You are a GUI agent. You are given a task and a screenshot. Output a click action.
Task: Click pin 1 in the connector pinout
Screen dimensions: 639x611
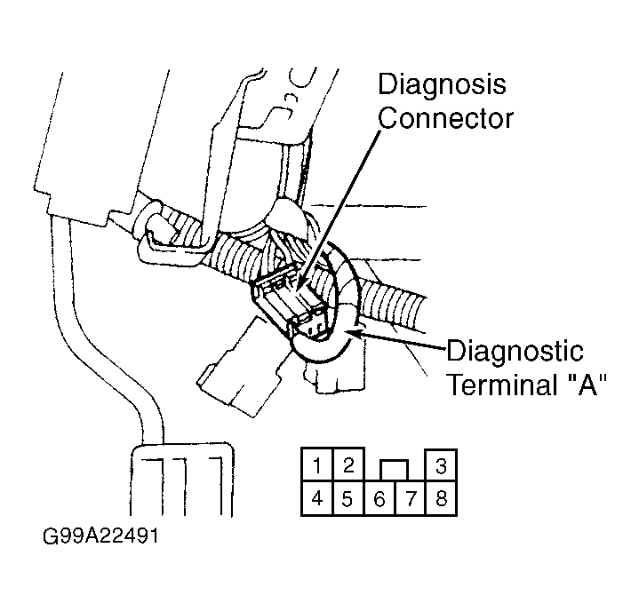click(317, 464)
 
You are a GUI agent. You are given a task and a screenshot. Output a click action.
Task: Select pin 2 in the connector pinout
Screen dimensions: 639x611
click(348, 464)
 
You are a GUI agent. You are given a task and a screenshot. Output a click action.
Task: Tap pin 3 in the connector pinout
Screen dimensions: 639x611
click(441, 464)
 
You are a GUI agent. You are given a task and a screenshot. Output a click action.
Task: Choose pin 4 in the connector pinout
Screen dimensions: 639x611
click(317, 498)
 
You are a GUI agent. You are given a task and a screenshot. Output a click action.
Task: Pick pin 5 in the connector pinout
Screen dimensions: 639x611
click(348, 498)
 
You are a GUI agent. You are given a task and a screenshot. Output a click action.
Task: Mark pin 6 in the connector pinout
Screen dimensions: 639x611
click(379, 498)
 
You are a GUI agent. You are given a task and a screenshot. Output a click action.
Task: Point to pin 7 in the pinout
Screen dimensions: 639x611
click(410, 498)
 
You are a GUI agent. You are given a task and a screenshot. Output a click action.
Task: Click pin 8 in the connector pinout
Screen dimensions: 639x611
click(441, 498)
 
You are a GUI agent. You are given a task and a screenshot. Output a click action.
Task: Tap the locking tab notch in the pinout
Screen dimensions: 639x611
click(394, 470)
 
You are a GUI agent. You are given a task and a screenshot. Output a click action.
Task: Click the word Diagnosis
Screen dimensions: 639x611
click(443, 84)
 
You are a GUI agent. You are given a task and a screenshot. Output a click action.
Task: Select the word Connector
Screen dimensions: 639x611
click(445, 118)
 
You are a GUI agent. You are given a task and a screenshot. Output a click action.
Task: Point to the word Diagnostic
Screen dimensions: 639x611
click(515, 352)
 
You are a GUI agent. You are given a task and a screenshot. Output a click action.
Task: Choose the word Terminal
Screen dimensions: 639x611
click(503, 384)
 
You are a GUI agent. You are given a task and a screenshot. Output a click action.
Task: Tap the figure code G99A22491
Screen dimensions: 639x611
click(100, 536)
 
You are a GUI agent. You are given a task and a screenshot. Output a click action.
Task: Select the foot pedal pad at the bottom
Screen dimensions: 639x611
click(182, 480)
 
